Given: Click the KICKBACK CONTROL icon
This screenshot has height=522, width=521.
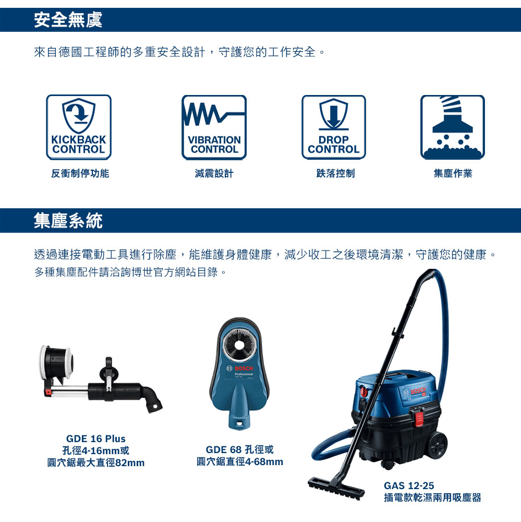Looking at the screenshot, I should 79,127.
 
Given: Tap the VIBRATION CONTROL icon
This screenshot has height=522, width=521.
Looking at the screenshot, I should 214,127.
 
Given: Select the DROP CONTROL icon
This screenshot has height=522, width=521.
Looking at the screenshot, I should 334,127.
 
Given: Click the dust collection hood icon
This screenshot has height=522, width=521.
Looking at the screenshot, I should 453,127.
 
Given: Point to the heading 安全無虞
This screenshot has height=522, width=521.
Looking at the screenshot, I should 68,20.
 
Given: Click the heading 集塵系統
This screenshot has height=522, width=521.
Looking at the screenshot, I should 68,221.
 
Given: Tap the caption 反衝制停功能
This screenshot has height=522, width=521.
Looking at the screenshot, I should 80,173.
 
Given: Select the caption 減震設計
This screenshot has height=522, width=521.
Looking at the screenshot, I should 214,173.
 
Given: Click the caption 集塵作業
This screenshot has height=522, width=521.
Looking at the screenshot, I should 453,173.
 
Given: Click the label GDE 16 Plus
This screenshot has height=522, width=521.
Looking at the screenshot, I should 96,438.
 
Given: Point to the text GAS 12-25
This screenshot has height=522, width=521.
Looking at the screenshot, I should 409,485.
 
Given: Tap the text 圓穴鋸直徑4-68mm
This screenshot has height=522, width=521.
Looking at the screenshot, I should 240,461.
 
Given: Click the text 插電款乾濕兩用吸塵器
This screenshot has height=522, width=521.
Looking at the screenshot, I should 432,497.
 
